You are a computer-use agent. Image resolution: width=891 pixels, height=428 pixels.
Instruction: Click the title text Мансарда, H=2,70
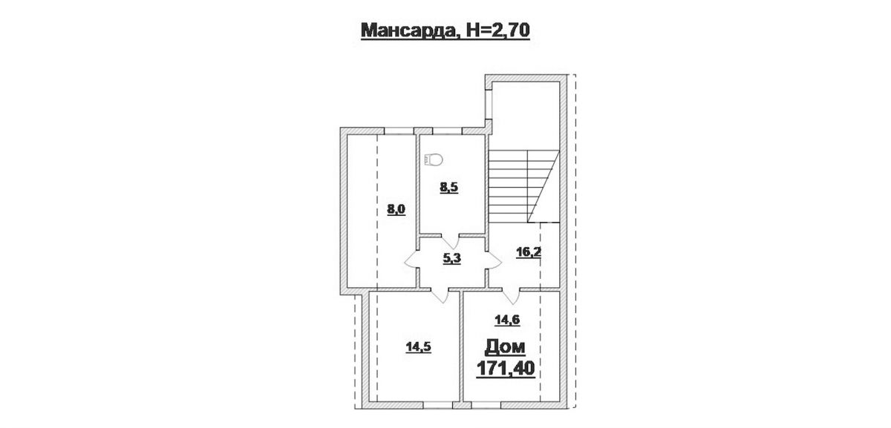coord(445,30)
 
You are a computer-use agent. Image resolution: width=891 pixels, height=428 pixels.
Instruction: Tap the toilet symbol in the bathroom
coord(434,159)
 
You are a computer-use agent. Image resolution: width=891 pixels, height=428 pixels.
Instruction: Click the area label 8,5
coord(448,188)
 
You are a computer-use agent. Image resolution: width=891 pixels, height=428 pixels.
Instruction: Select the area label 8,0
coord(396,209)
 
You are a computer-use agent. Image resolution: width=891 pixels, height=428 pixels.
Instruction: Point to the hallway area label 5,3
coord(452,259)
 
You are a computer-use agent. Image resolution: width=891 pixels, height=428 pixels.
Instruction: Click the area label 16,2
coord(528,252)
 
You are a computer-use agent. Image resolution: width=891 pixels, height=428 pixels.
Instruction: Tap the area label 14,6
coord(507,320)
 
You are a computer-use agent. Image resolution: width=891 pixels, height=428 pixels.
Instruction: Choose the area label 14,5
coord(419,347)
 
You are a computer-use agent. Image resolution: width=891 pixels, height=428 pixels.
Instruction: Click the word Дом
coord(505,347)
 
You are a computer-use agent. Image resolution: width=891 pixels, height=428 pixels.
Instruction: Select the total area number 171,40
coord(506,369)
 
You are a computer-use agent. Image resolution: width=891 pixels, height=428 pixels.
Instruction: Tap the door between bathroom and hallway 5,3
coord(450,242)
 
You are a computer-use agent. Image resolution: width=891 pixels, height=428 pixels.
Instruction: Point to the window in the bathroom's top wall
coord(447,131)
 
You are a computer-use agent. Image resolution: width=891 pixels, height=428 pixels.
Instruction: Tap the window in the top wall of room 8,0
coord(399,131)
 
